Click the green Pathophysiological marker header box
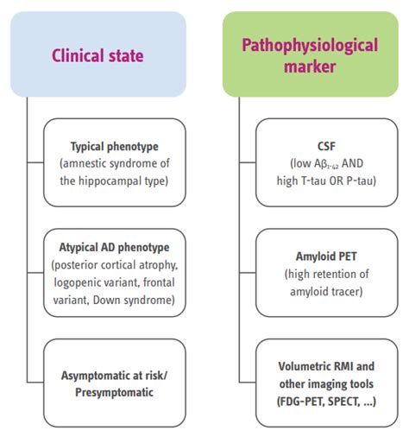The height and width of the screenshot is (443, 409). tap(311, 54)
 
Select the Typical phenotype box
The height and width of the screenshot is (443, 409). tap(115, 162)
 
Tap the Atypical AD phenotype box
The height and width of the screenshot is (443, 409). tap(115, 268)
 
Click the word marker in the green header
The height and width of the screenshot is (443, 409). tap(311, 67)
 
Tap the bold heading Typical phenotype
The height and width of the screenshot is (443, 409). tap(115, 147)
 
